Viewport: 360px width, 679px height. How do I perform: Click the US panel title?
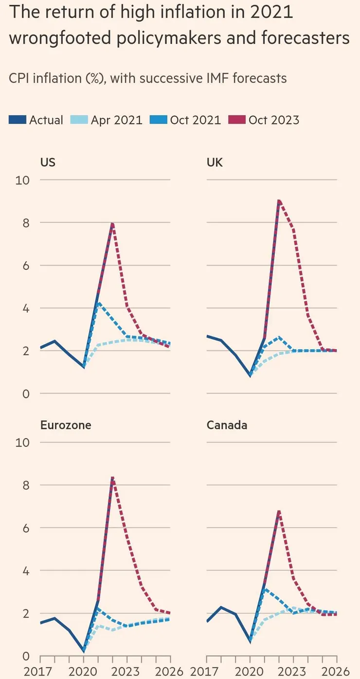(48, 162)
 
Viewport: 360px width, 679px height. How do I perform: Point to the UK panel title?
(215, 162)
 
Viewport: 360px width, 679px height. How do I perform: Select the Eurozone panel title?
(66, 425)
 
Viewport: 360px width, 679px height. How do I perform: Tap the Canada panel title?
(227, 425)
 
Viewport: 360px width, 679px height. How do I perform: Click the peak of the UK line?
(279, 200)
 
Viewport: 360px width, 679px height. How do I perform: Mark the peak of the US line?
(112, 224)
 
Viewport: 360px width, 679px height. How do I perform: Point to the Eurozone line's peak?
(112, 478)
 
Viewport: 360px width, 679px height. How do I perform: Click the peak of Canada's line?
(279, 511)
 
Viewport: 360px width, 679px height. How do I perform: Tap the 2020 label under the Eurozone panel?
(83, 672)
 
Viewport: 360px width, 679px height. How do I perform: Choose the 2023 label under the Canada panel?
(293, 672)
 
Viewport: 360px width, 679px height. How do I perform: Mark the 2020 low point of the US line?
(84, 367)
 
